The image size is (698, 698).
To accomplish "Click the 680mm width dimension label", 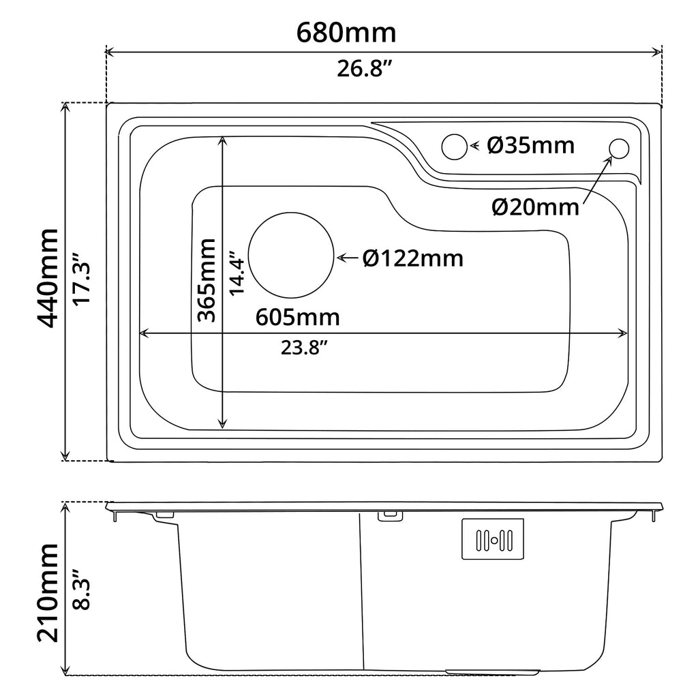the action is (x=346, y=33).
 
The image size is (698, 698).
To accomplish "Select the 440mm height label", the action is (x=48, y=278).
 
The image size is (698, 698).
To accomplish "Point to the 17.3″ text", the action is (x=82, y=279).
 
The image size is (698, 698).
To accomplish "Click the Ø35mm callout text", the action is (x=531, y=146).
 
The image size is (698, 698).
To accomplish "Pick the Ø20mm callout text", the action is (x=536, y=207).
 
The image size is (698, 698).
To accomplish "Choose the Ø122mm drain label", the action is (x=413, y=258).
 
